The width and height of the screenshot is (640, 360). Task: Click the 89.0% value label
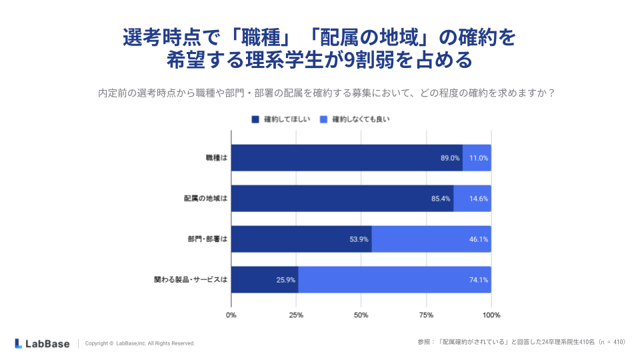pyautogui.click(x=450, y=158)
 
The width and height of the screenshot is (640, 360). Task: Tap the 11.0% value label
pyautogui.click(x=479, y=158)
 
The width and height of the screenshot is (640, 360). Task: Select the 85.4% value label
pyautogui.click(x=441, y=199)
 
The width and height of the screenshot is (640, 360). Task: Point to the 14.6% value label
pyautogui.click(x=479, y=199)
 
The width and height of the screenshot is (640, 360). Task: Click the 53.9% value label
pyautogui.click(x=359, y=239)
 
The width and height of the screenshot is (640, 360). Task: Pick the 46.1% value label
pyautogui.click(x=479, y=239)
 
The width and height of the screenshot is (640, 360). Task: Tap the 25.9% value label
pyautogui.click(x=286, y=280)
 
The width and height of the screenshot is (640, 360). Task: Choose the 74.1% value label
pyautogui.click(x=479, y=280)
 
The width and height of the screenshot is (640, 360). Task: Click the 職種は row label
pyautogui.click(x=217, y=158)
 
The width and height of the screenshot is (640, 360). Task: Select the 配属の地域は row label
pyautogui.click(x=205, y=199)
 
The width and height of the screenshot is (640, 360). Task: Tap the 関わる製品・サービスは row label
pyautogui.click(x=191, y=280)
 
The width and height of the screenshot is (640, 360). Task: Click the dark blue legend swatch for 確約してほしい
pyautogui.click(x=255, y=119)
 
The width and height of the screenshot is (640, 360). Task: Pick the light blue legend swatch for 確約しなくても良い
pyautogui.click(x=324, y=119)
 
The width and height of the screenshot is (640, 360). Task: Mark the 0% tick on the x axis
pyautogui.click(x=231, y=315)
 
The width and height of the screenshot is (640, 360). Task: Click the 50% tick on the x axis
pyautogui.click(x=361, y=315)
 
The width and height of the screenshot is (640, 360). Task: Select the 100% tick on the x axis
pyautogui.click(x=491, y=315)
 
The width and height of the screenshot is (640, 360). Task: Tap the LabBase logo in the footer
pyautogui.click(x=42, y=343)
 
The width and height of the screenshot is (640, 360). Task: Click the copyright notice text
pyautogui.click(x=140, y=343)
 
